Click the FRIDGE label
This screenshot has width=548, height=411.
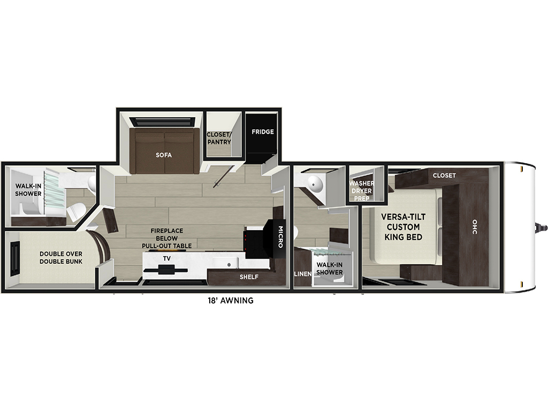(x=262, y=132)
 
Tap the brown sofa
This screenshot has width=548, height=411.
(x=164, y=151)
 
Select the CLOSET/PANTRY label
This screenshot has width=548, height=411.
(x=219, y=139)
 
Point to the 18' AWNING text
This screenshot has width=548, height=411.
(x=231, y=300)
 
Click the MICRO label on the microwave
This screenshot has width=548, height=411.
(x=280, y=237)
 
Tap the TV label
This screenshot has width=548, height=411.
(x=167, y=258)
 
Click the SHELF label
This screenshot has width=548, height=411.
(x=249, y=277)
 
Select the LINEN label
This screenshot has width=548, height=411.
(x=303, y=274)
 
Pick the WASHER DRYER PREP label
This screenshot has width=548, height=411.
(x=362, y=191)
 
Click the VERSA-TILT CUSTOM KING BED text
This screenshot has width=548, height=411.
(x=404, y=227)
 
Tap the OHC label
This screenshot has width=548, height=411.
(x=475, y=227)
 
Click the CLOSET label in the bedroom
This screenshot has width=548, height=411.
(x=444, y=176)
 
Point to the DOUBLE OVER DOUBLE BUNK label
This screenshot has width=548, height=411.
(x=61, y=257)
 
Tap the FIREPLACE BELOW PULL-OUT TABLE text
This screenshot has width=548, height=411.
(x=167, y=238)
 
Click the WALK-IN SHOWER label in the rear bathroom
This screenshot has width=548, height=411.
(x=28, y=190)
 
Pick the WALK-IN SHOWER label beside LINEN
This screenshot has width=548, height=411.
(x=330, y=269)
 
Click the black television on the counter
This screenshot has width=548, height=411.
(x=166, y=270)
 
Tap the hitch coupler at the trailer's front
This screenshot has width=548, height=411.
(x=542, y=227)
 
